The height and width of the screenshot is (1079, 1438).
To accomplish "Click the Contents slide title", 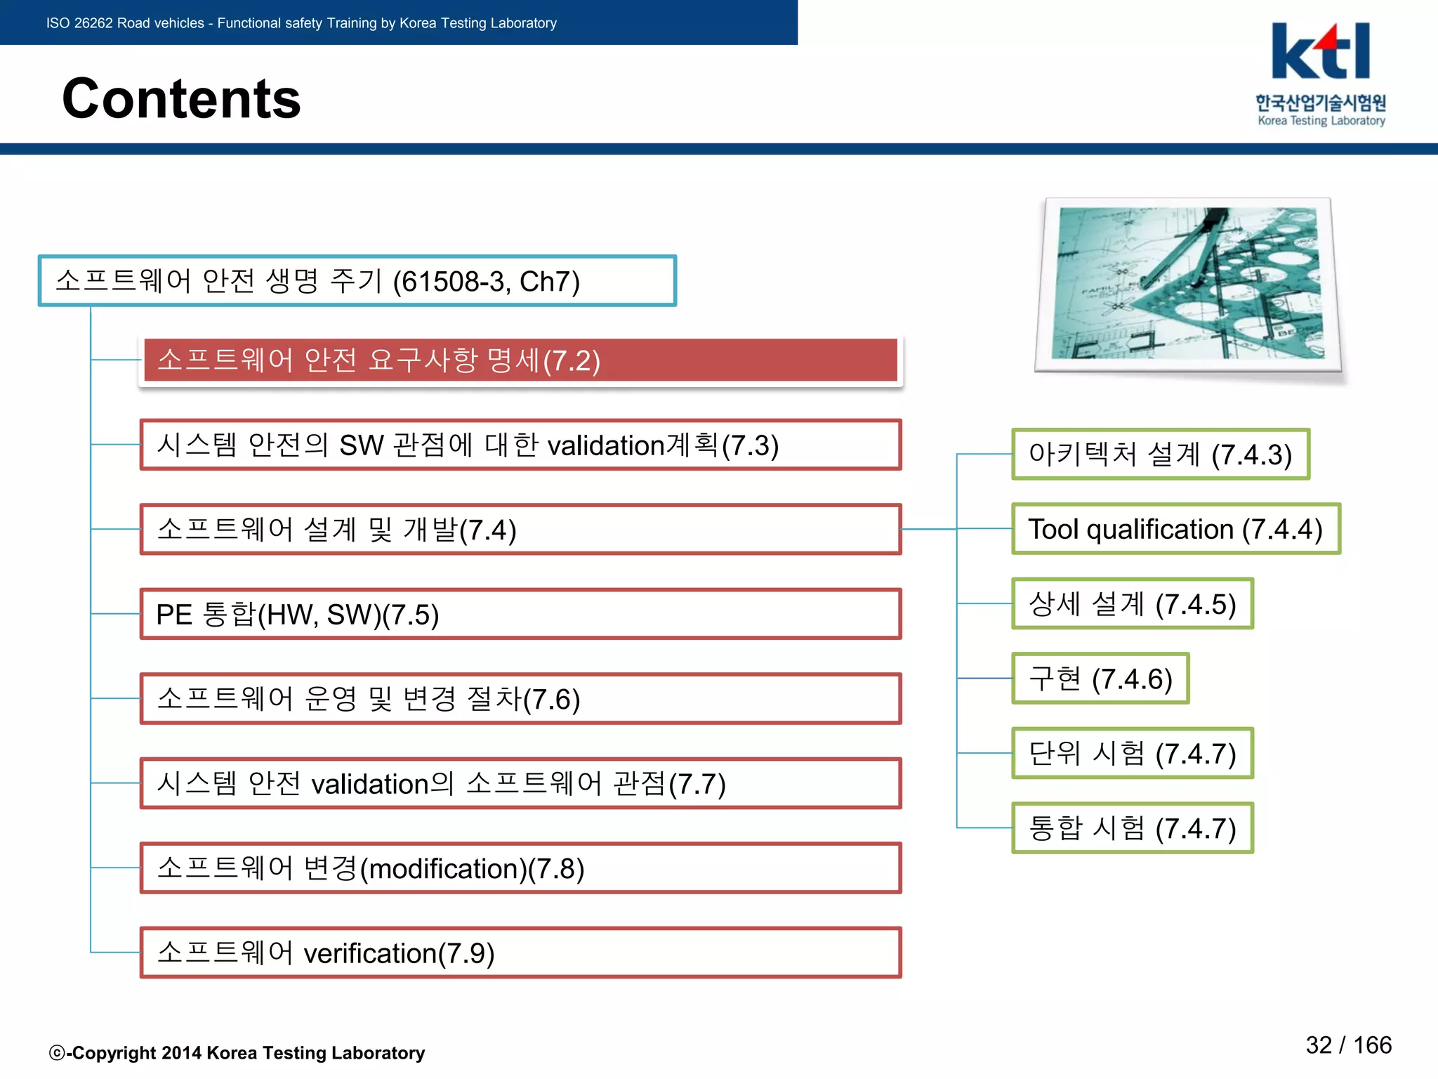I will point(181,98).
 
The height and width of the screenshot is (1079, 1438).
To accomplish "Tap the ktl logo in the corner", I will point(1320,52).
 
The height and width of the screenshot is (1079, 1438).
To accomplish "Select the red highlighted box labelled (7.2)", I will point(520,360).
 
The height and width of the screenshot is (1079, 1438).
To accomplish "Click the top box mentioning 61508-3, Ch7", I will point(357,281).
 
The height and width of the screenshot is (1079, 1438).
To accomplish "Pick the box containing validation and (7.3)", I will point(520,445).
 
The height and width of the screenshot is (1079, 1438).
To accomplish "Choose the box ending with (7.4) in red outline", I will point(520,530).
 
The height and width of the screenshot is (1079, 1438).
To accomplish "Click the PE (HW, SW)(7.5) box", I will point(520,615).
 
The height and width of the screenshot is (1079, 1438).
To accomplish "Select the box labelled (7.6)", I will point(520,699).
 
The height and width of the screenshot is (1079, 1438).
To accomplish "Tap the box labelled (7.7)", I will point(520,783).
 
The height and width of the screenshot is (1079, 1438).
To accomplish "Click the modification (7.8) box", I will point(520,868).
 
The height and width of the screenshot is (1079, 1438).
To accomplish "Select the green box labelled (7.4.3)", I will point(1160,455).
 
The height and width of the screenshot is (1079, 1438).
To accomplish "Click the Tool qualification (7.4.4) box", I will point(1175,529).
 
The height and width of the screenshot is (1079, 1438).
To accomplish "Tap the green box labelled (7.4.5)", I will point(1132,604).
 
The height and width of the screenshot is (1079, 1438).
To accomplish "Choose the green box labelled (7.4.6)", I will point(1100,679).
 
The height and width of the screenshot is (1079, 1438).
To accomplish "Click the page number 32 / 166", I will point(1348,1045).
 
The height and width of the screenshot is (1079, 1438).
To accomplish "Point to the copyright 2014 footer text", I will point(237,1053).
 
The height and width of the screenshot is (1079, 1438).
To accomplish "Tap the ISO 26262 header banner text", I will point(301,23).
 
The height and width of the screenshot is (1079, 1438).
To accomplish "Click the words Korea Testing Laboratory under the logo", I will point(1321,121).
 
